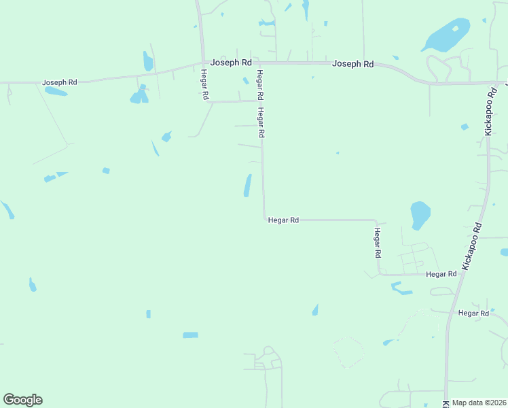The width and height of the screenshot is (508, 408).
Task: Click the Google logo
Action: [x=22, y=400]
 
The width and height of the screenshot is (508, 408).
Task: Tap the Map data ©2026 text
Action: [x=479, y=403]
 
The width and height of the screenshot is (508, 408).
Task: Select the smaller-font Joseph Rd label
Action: [x=60, y=82]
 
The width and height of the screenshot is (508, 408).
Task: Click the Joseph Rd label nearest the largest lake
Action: [x=352, y=64]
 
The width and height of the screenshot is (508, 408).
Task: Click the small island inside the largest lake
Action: [x=455, y=29]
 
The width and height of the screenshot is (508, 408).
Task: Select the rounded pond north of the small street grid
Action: [x=420, y=215]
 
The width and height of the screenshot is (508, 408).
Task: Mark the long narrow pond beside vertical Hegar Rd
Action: [x=247, y=186]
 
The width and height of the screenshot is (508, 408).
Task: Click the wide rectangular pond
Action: [x=190, y=335]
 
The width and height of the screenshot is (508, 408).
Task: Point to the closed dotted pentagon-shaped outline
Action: [x=348, y=352]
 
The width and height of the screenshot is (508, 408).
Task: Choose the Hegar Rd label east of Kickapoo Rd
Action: [x=473, y=313]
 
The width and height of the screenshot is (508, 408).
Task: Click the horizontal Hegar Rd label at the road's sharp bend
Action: [x=283, y=220]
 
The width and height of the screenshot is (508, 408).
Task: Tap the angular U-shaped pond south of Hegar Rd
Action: [x=401, y=289]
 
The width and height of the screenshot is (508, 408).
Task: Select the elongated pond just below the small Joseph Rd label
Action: [x=56, y=91]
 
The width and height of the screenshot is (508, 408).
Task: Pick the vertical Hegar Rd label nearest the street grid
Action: [x=378, y=243]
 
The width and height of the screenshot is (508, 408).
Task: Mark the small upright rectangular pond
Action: [x=148, y=314]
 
